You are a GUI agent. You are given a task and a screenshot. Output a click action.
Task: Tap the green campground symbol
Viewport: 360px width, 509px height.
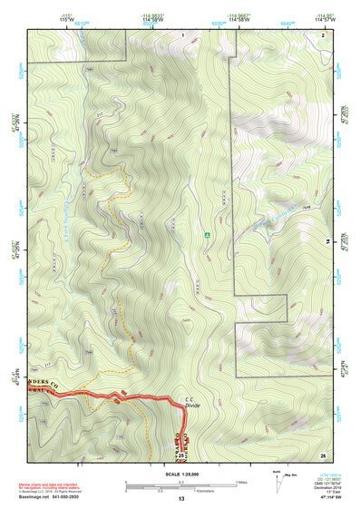(x=208, y=234)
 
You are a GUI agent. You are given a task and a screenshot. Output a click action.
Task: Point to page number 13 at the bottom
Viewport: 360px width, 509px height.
(x=180, y=500)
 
